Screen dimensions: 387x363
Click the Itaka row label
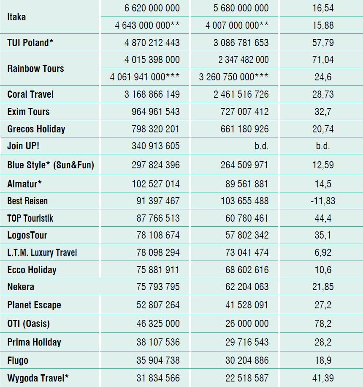pos(16,17)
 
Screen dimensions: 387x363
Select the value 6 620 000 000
pos(152,8)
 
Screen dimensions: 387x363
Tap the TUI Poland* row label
pos(30,43)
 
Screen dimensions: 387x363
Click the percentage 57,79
pos(323,43)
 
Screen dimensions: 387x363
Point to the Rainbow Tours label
pos(35,69)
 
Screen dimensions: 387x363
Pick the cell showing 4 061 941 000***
pos(145,77)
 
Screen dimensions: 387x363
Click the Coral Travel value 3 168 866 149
pos(152,94)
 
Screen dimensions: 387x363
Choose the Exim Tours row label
pos(28,112)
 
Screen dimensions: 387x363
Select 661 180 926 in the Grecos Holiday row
pos(244,129)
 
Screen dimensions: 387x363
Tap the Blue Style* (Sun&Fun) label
pos(51,165)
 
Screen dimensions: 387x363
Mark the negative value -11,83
pos(323,201)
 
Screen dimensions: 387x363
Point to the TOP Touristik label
pos(30,218)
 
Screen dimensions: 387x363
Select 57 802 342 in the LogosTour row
pos(247,235)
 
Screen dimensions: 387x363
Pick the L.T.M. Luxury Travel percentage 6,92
pos(323,253)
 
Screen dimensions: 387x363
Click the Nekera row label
pos(21,287)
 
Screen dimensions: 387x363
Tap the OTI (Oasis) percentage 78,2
pos(323,324)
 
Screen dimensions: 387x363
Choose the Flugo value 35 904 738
pos(158,360)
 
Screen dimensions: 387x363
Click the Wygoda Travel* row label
pos(38,378)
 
